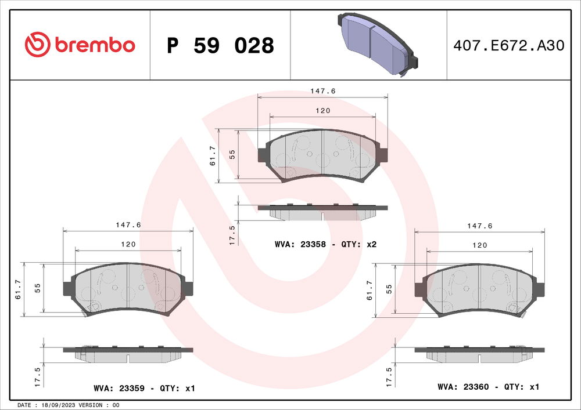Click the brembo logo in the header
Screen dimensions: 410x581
pyautogui.click(x=80, y=45)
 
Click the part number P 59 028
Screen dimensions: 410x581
pyautogui.click(x=220, y=45)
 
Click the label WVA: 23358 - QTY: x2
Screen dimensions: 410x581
pyautogui.click(x=325, y=245)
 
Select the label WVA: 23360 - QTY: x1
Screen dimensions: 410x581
pyautogui.click(x=489, y=386)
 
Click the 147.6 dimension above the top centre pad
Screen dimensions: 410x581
pyautogui.click(x=323, y=91)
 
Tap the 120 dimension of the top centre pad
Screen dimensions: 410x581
pyautogui.click(x=323, y=110)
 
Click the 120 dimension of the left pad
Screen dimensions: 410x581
pyautogui.click(x=128, y=245)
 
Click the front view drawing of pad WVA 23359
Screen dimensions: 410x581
pyautogui.click(x=128, y=288)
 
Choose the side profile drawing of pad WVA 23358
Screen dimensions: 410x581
pyautogui.click(x=322, y=211)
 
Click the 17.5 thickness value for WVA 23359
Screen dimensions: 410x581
pyautogui.click(x=37, y=378)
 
